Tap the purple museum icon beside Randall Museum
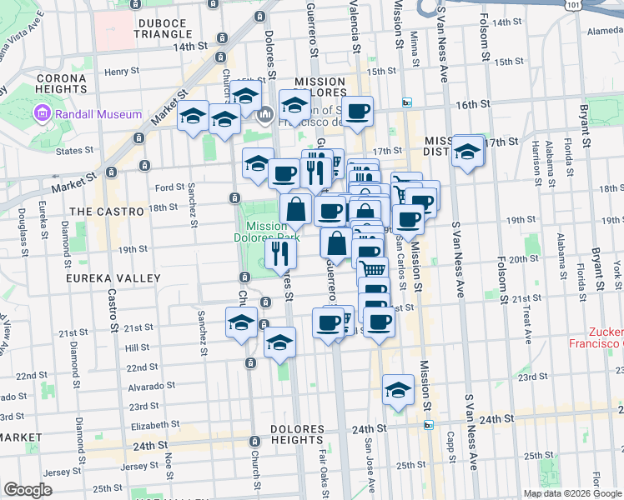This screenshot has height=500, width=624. pyautogui.click(x=40, y=112)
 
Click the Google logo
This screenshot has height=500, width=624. pyautogui.click(x=28, y=489)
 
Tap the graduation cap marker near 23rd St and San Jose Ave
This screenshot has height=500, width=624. pyautogui.click(x=398, y=390)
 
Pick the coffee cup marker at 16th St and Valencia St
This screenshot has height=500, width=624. pyautogui.click(x=357, y=112)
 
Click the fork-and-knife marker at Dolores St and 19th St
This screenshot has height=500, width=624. pyautogui.click(x=281, y=253)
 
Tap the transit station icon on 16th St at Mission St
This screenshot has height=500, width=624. pyautogui.click(x=406, y=103)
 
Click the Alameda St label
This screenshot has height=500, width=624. pyautogui.click(x=605, y=31)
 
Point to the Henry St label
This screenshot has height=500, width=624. pyautogui.click(x=122, y=72)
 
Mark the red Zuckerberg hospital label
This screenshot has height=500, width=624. pyautogui.click(x=596, y=337)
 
